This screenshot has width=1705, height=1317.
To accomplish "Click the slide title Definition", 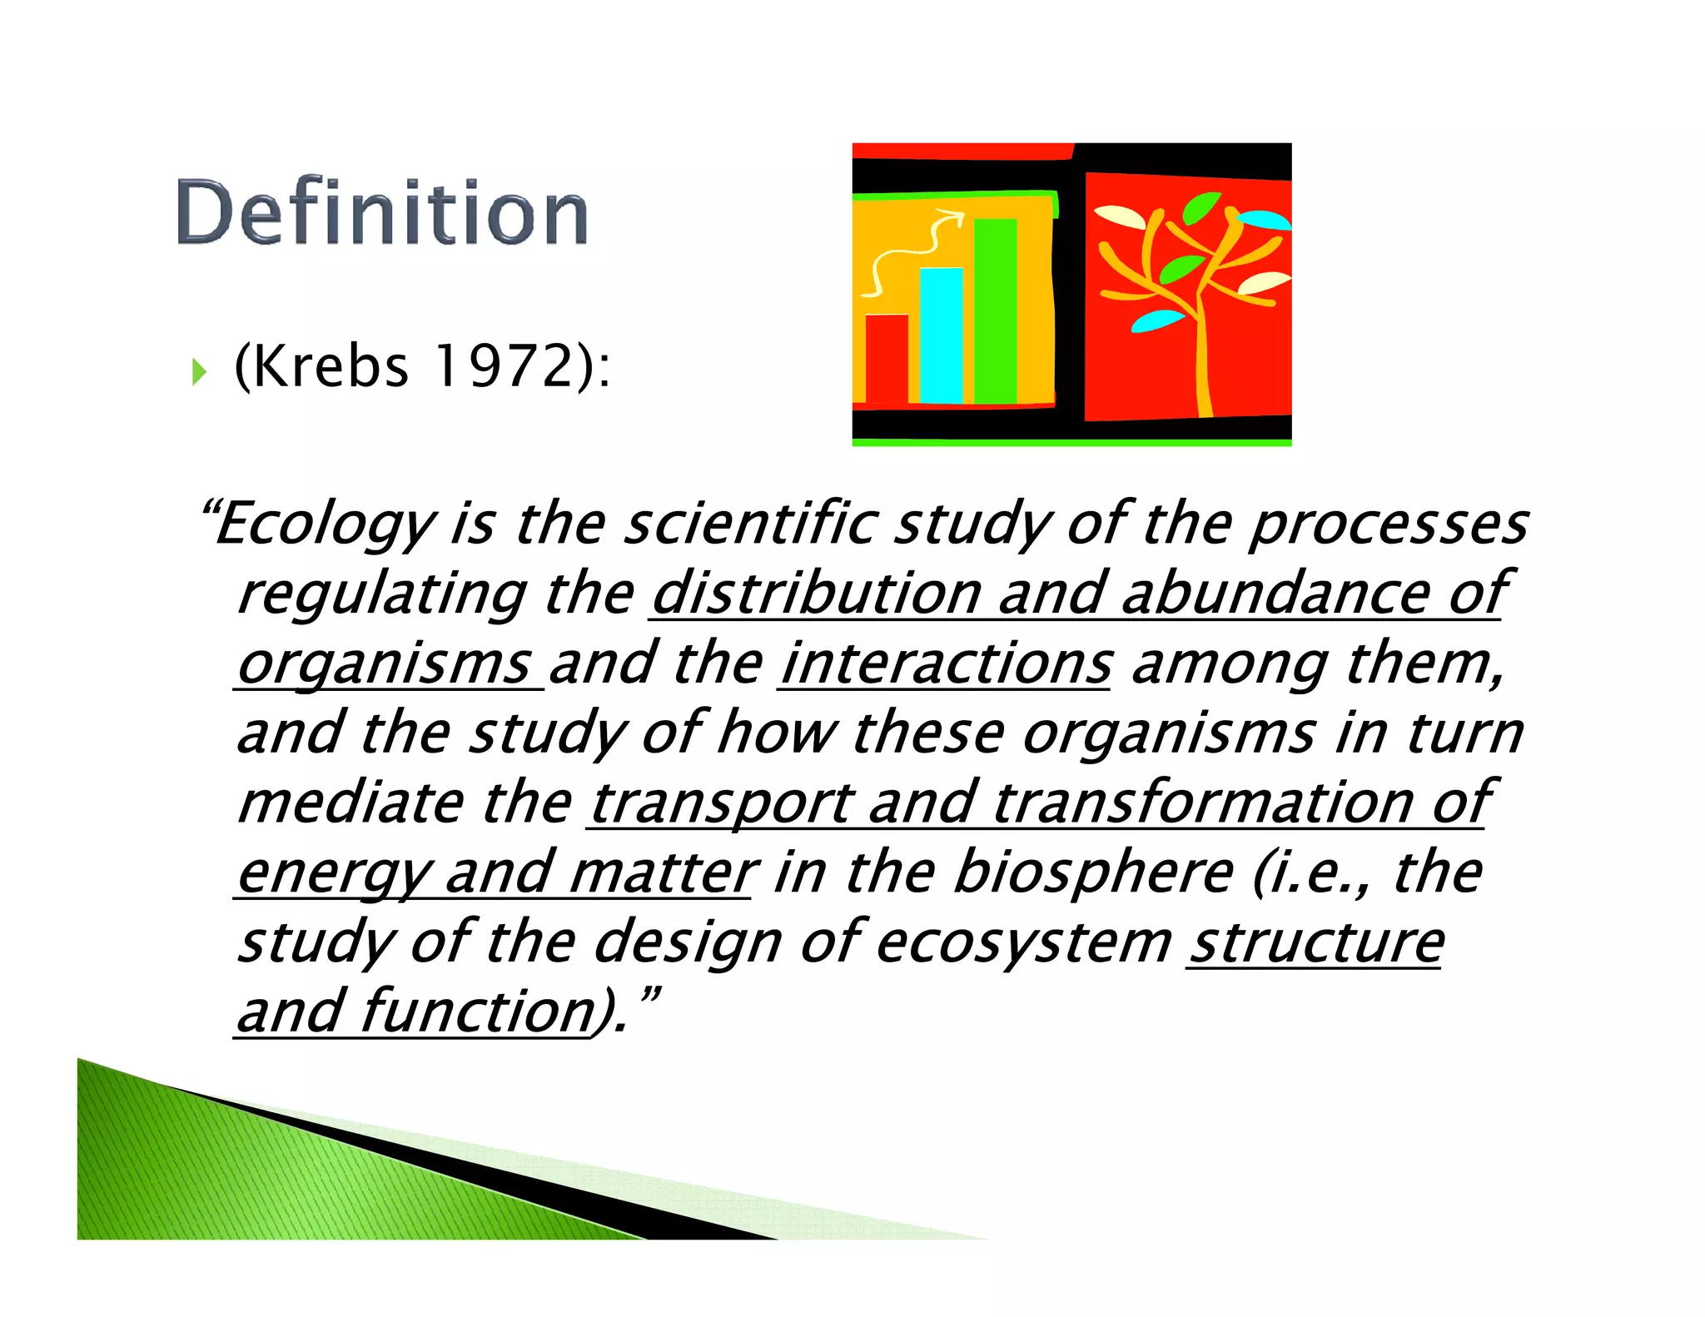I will click(x=382, y=212).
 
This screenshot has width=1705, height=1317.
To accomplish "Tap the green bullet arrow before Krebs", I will click(x=198, y=371).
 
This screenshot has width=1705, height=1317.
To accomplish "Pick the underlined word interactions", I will click(x=946, y=664).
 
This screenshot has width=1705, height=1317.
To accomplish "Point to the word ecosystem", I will click(x=1023, y=942).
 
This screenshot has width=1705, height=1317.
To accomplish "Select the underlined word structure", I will click(x=1316, y=942).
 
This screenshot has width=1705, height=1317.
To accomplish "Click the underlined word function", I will click(x=478, y=1011).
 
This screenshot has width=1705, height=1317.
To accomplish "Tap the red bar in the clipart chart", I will click(x=887, y=358).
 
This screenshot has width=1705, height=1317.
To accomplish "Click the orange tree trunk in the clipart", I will click(x=1202, y=366).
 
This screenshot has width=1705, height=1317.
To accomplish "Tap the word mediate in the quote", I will click(x=350, y=803).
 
